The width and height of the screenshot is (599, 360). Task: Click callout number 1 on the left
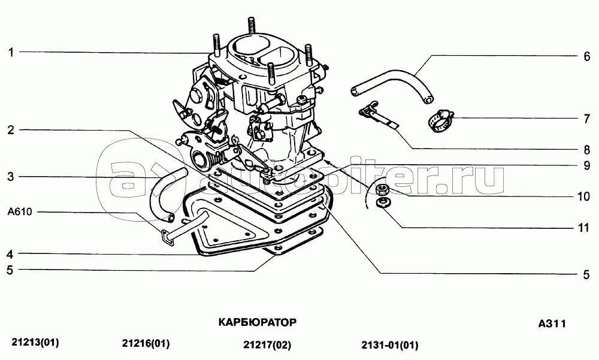tap(11, 52)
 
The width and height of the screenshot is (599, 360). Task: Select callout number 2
tap(11, 130)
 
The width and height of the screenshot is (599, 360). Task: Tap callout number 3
tap(11, 177)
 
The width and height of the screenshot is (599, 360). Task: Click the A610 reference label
tap(20, 211)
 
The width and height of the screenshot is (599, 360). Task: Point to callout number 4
tap(10, 254)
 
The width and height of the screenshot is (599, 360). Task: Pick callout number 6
tap(587, 56)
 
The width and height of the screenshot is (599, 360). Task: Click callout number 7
tap(587, 119)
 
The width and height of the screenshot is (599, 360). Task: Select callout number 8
tap(587, 149)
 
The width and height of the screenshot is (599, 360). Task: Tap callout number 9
tap(587, 165)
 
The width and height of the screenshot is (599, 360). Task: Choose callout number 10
tap(583, 196)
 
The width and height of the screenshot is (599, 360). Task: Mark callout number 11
tap(583, 228)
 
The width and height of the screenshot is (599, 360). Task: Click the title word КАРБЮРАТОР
tap(257, 322)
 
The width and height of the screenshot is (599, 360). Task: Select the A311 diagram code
tap(552, 323)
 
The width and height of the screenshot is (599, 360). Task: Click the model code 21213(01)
tap(35, 342)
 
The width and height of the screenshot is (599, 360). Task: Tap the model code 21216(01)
tap(146, 344)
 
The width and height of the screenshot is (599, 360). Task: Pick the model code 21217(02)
tap(267, 345)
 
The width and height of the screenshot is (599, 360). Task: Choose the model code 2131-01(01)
tap(390, 345)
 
